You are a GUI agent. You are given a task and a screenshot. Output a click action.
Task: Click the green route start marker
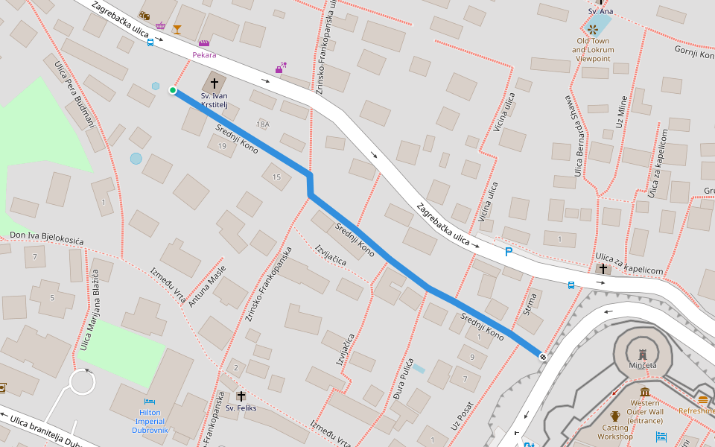click(173, 90)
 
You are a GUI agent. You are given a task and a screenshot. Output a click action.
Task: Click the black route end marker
click(543, 357)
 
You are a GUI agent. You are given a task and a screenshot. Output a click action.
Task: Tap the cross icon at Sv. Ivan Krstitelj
click(215, 83)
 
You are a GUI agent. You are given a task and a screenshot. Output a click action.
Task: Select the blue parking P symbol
click(509, 252)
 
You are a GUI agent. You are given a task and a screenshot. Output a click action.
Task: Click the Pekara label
click(204, 54)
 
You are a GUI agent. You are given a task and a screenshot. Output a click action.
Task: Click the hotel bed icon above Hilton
click(149, 401)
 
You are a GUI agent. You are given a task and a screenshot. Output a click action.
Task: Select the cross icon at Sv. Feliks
click(241, 396)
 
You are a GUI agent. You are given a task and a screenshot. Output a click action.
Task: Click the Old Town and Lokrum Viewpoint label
click(591, 49)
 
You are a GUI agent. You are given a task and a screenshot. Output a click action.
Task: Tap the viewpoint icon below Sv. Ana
click(593, 29)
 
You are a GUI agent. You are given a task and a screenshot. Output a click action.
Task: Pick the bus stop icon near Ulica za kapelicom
click(571, 285)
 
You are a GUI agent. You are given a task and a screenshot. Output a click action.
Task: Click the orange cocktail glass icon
click(177, 30)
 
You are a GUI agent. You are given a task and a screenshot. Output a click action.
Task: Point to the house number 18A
click(262, 124)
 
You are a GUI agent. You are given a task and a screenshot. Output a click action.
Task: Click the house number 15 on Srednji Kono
click(276, 177)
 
